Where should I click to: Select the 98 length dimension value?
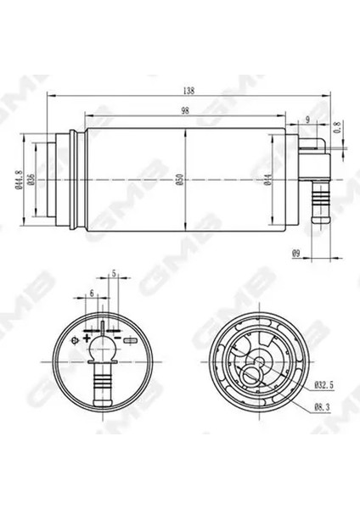coord(185,110)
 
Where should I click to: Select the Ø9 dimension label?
coord(296,252)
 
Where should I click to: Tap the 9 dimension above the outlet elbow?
coord(307,120)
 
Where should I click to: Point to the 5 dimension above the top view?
coord(114,274)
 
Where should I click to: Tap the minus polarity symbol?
coord(129,339)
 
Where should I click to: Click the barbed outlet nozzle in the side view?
coord(320,204)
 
